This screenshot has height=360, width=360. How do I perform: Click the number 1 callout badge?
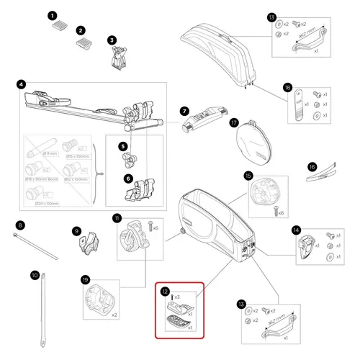[52, 15]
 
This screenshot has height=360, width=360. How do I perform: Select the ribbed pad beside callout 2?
[85, 45]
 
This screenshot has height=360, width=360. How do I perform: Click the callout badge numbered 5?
[124, 147]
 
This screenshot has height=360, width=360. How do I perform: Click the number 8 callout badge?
[20, 225]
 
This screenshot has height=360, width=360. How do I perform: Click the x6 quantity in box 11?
[155, 228]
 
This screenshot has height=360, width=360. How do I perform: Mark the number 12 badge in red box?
[165, 292]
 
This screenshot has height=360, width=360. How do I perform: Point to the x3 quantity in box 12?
[176, 297]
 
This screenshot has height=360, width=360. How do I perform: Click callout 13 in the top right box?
[271, 17]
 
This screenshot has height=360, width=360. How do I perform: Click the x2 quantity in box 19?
[115, 315]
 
